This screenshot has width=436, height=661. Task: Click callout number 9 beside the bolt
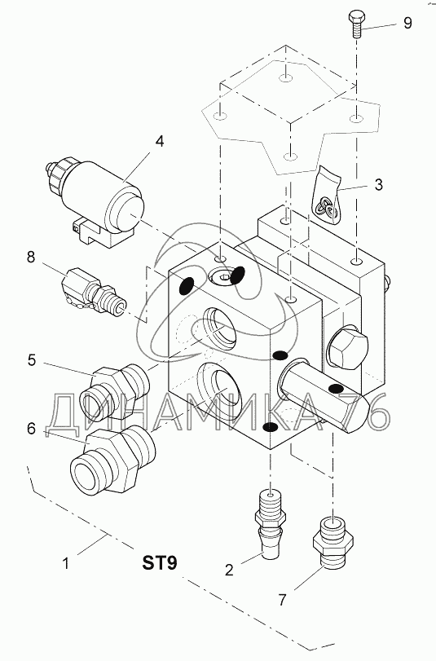[x=407, y=22]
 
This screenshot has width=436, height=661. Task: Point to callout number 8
[x=31, y=257]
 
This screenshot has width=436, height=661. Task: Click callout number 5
[x=32, y=360]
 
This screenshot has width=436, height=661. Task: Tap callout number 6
[x=31, y=428]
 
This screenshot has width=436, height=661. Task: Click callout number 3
[x=378, y=184]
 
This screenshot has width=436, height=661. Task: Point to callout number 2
[x=229, y=570]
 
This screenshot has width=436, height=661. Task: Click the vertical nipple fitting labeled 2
[x=270, y=523]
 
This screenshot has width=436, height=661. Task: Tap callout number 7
[x=282, y=599]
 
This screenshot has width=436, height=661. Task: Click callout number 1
[x=66, y=563]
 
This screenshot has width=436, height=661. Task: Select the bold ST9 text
[x=160, y=562]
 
